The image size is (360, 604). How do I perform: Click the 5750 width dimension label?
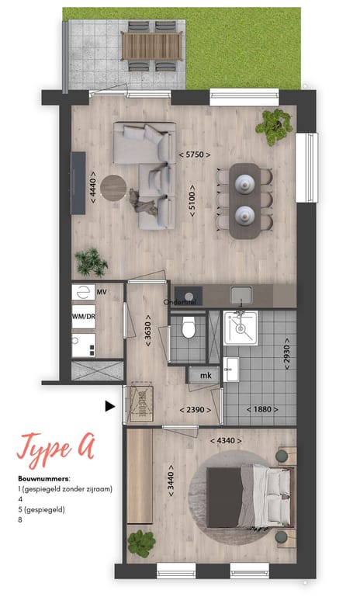[x=195, y=155]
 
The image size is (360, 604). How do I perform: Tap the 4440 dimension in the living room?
[x=93, y=187]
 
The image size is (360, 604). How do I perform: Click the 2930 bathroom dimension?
[x=287, y=354]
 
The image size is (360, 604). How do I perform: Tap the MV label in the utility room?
[x=102, y=292]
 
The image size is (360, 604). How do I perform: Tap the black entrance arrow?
[x=110, y=404]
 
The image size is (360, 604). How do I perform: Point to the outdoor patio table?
[x=153, y=45]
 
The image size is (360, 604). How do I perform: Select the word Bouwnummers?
[x=43, y=479]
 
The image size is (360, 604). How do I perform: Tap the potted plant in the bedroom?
[x=140, y=542]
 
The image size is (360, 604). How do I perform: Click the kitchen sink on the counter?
[x=241, y=295]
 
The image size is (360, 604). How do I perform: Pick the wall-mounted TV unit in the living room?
[x=78, y=182]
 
